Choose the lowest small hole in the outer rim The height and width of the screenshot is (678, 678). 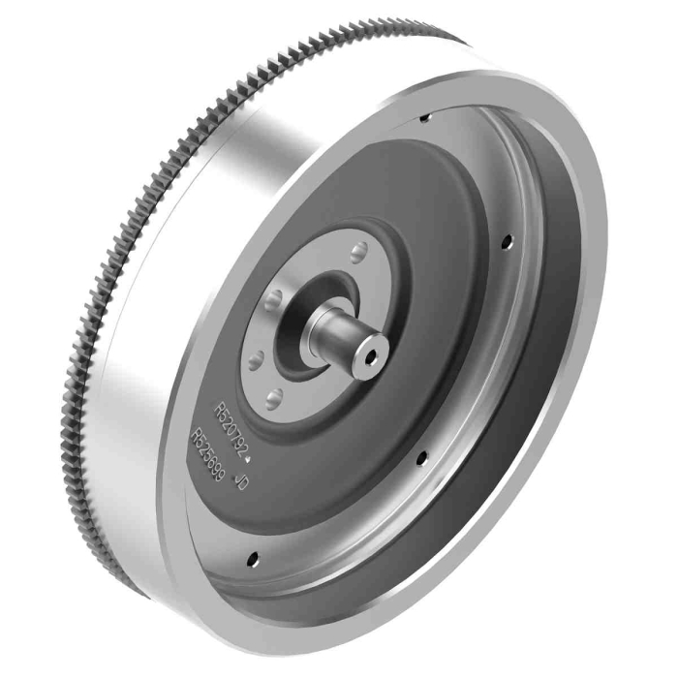pyautogui.click(x=254, y=558)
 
